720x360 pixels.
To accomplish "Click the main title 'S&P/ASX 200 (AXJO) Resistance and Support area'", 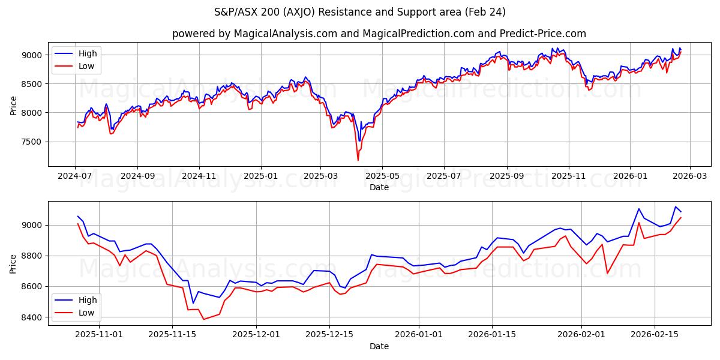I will (x=360, y=12).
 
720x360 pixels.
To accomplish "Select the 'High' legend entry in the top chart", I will (x=88, y=53).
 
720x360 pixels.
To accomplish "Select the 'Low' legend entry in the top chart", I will (x=86, y=66).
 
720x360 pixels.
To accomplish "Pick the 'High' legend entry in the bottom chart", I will (x=88, y=299).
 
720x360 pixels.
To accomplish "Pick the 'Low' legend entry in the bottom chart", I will (x=86, y=312).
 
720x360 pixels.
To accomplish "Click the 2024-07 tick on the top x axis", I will (x=75, y=176).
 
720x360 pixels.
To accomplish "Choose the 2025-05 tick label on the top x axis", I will (x=382, y=176).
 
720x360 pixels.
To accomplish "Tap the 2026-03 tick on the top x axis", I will (x=689, y=176).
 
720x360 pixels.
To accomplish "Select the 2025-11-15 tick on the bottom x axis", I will (x=172, y=334).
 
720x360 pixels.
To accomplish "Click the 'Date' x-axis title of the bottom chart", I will (x=379, y=346).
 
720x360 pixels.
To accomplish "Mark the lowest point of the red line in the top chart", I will (x=358, y=160).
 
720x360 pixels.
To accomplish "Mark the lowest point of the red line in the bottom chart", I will (x=203, y=319).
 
